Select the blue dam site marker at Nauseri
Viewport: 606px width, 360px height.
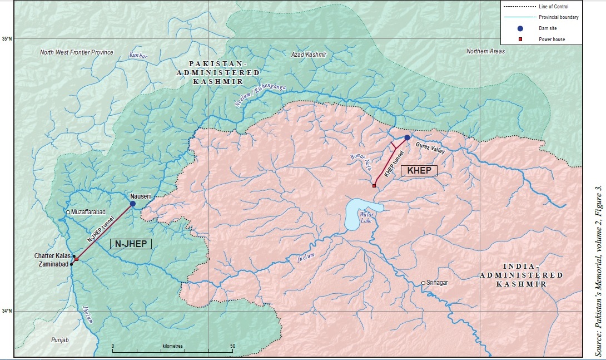pyautogui.click(x=133, y=204)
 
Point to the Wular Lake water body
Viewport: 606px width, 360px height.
pyautogui.click(x=362, y=212)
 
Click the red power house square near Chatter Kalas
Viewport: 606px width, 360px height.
pyautogui.click(x=77, y=259)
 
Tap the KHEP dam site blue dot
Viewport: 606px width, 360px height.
pyautogui.click(x=407, y=137)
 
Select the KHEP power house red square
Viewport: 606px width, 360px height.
pyautogui.click(x=374, y=186)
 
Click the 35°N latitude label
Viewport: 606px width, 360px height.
pyautogui.click(x=7, y=38)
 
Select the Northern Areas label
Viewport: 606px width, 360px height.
pyautogui.click(x=485, y=51)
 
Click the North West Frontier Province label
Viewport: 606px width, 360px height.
pyautogui.click(x=77, y=52)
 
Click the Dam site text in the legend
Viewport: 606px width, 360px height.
pyautogui.click(x=549, y=28)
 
